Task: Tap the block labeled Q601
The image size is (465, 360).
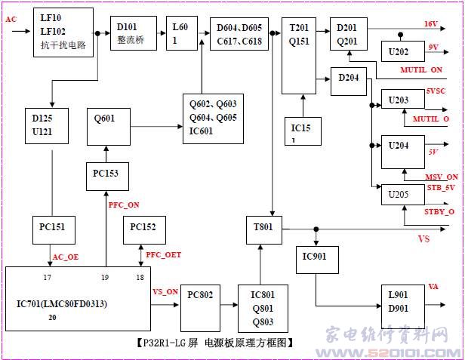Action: tap(106, 125)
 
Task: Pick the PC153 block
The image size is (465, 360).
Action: tap(106, 175)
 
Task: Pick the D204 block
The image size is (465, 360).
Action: tap(348, 79)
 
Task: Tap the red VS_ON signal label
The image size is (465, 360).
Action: tap(165, 291)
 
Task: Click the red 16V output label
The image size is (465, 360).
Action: tap(430, 24)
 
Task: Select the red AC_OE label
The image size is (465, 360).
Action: tap(65, 257)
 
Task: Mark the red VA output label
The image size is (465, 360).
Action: tap(433, 286)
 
